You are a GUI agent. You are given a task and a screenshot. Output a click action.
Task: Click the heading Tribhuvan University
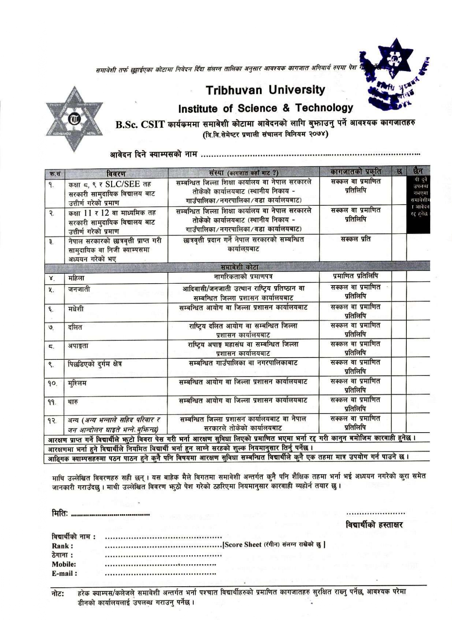point(265,90)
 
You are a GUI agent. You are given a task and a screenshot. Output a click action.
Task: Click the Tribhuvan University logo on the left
point(74,119)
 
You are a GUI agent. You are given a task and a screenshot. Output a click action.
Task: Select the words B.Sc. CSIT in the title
point(141,125)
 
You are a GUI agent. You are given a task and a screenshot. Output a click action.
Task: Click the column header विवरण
point(116,173)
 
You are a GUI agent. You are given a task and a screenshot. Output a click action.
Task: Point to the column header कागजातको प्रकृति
point(356,171)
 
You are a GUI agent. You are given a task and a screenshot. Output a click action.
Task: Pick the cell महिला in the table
point(76,278)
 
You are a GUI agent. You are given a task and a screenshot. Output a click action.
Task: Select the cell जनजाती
point(79,290)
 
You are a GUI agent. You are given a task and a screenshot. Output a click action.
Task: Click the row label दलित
point(75,327)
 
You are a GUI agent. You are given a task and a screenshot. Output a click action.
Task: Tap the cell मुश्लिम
point(77,383)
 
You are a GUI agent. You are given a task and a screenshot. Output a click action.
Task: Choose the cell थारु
point(73,402)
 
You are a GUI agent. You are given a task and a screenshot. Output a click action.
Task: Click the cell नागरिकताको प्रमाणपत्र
point(243,277)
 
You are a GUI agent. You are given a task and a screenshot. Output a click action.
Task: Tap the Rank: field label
point(62,546)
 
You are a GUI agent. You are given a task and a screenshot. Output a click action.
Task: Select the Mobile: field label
point(64,564)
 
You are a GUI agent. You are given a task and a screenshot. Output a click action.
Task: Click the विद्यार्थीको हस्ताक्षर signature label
point(374,525)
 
